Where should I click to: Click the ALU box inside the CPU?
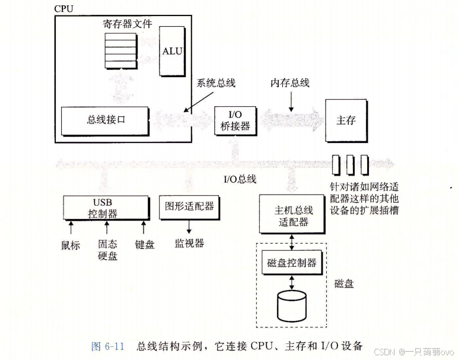click(x=171, y=52)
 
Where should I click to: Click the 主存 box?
click(x=345, y=120)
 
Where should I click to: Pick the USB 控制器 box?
click(x=106, y=208)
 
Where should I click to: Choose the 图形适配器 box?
click(x=189, y=206)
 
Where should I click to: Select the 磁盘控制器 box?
click(x=291, y=263)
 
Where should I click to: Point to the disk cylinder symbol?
click(x=291, y=303)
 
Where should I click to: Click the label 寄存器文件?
click(x=127, y=24)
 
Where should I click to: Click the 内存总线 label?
click(x=290, y=83)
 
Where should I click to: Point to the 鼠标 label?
click(x=71, y=244)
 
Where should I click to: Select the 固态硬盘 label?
click(x=107, y=250)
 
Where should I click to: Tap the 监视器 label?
click(x=189, y=243)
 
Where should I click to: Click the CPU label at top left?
click(x=64, y=9)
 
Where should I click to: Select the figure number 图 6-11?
click(x=107, y=346)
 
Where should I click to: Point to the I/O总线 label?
click(x=239, y=179)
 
